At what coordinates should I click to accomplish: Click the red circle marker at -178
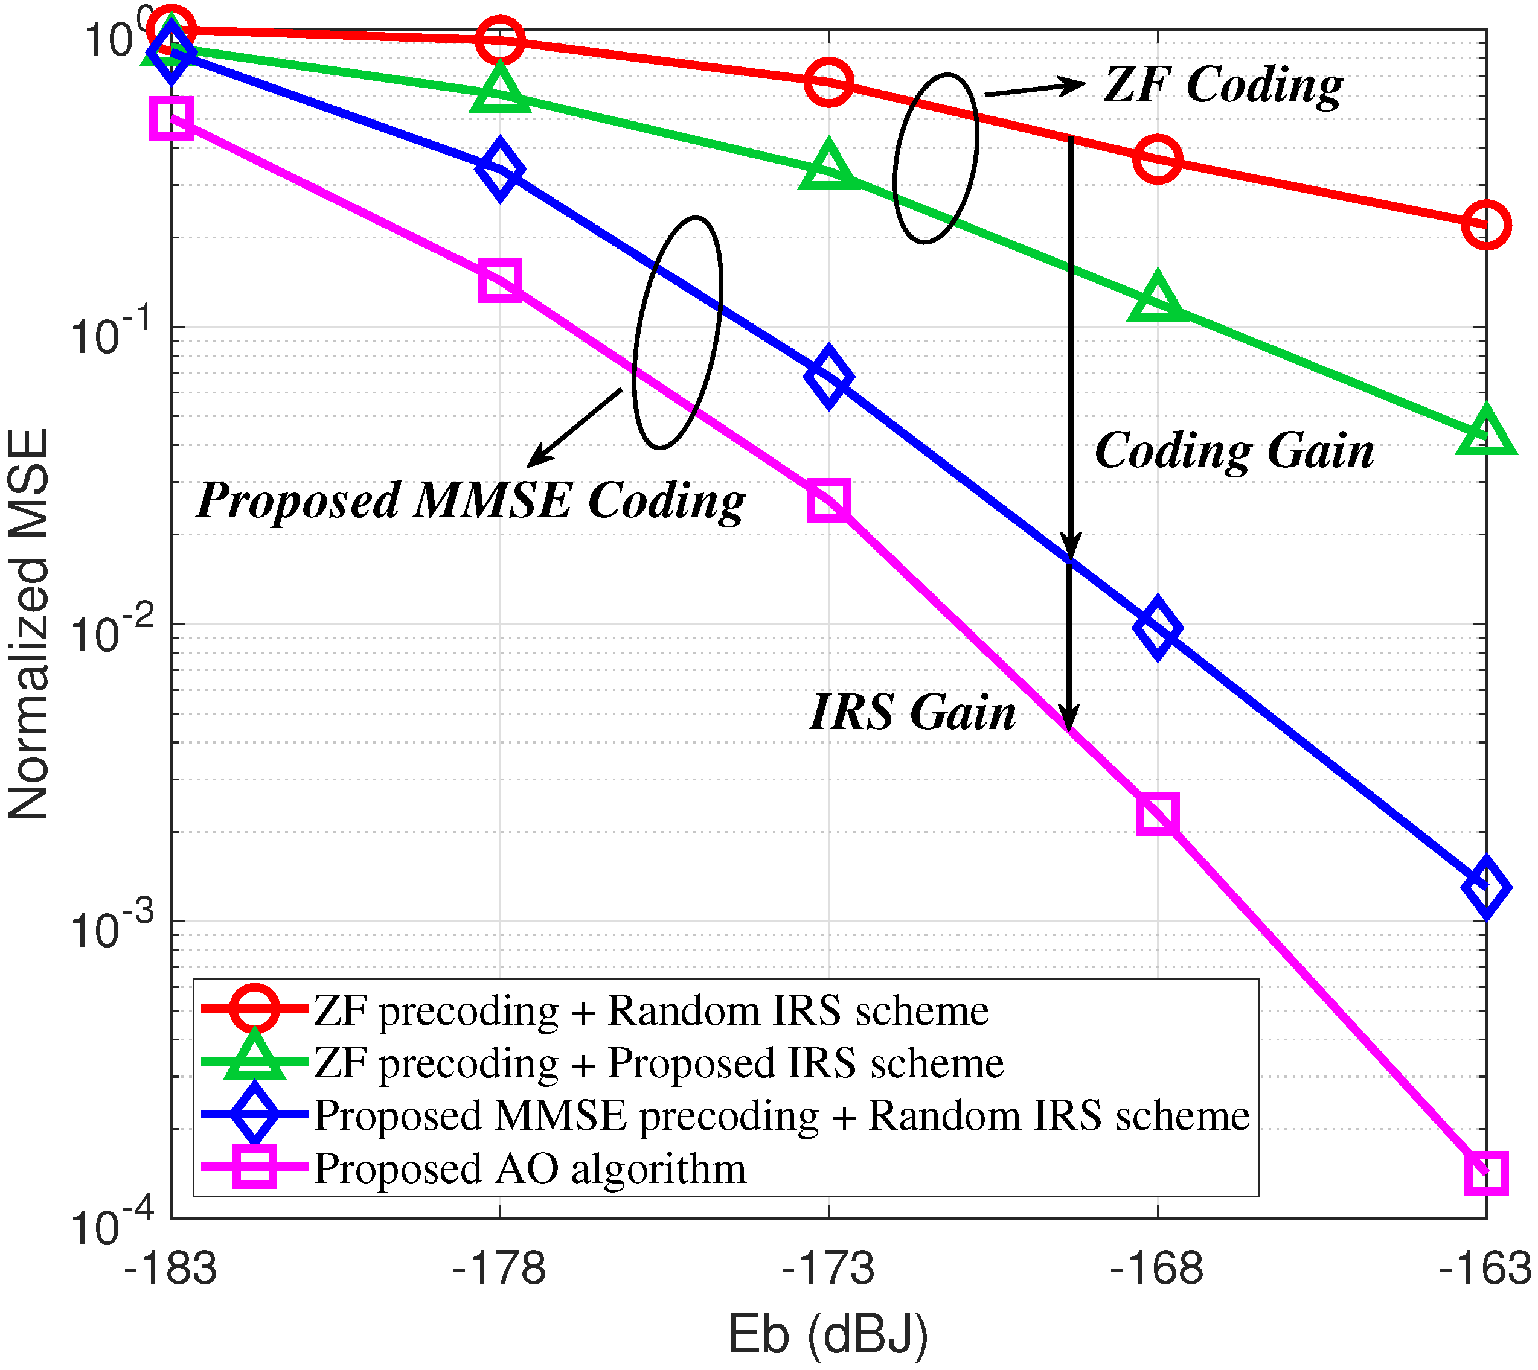(x=500, y=39)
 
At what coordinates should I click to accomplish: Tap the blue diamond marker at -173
(x=828, y=377)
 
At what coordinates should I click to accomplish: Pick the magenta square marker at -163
(x=1486, y=1172)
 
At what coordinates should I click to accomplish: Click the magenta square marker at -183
(x=171, y=118)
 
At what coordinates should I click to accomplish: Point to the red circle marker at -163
(x=1486, y=225)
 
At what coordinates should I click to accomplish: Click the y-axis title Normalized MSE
(x=28, y=624)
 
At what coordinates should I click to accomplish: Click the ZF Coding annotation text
(x=1222, y=84)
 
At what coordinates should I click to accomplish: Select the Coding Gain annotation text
(x=1234, y=451)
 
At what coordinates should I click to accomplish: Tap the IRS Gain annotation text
(x=912, y=712)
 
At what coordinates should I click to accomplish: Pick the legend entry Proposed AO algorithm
(x=530, y=1168)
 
